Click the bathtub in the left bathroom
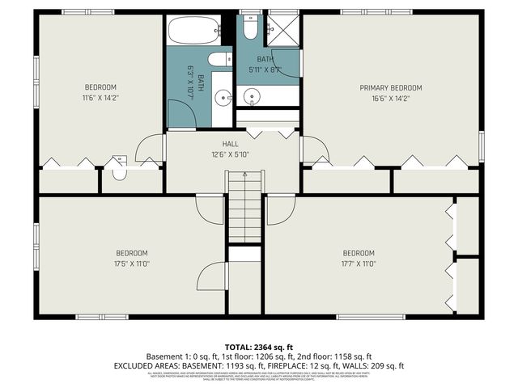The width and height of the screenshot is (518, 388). point(194,31)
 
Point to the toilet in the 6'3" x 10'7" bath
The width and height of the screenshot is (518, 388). point(219,59)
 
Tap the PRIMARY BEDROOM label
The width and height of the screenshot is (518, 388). point(391,87)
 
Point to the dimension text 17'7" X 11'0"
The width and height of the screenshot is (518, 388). point(358,263)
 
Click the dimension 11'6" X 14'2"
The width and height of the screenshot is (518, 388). point(100,98)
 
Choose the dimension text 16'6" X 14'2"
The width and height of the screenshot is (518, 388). point(391,98)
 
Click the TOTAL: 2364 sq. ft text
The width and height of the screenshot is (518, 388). point(258,346)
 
